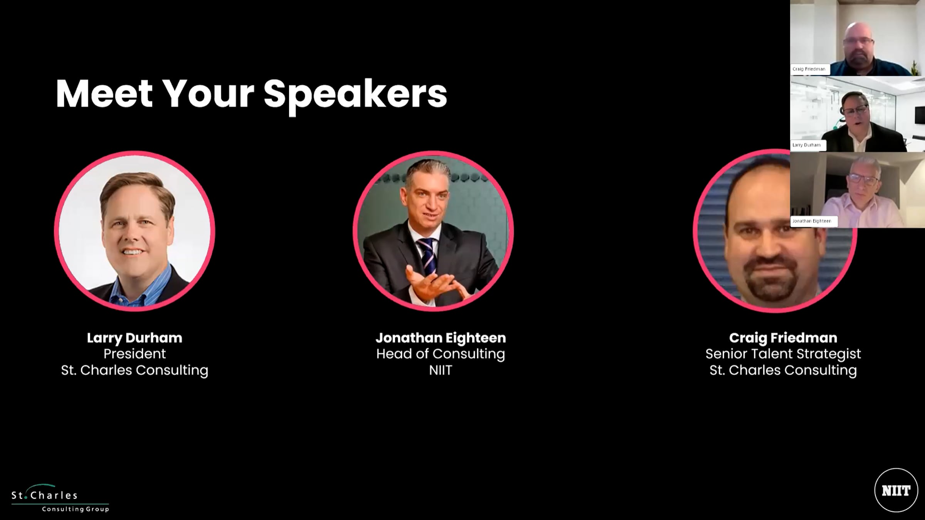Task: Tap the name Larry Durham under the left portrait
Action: pos(135,338)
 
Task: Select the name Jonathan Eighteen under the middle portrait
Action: pos(441,338)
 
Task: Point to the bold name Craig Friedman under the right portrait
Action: pos(783,338)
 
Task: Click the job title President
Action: pos(135,354)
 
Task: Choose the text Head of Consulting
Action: pos(441,354)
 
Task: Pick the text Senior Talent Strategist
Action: pos(783,354)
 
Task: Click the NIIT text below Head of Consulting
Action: pos(441,370)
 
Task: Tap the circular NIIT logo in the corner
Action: pos(896,490)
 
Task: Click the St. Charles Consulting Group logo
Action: pos(60,498)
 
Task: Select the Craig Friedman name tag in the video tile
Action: pos(809,69)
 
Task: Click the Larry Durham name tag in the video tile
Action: pos(806,145)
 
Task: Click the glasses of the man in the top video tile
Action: pos(858,41)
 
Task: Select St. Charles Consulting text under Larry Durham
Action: pos(135,370)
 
